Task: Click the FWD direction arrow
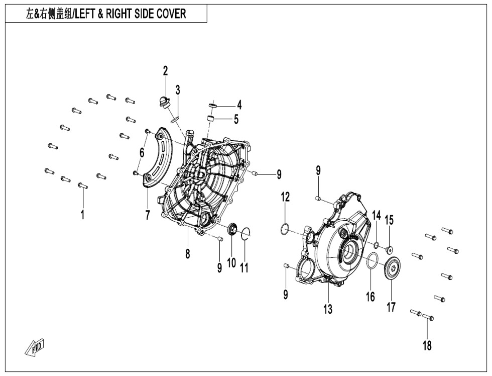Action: coord(35,347)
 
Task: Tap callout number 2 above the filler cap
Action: coord(165,71)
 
